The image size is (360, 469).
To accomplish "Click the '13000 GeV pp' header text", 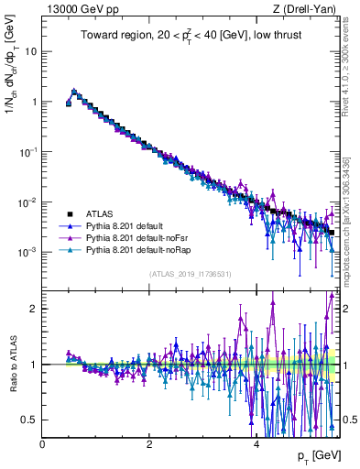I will pos(80,10).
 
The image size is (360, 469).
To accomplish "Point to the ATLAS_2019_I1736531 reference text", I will pos(191,274).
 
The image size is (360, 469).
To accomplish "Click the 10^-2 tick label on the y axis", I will pos(27,202).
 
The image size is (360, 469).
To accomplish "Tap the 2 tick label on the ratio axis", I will pos(34,309).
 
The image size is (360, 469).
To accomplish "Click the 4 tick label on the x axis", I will pos(256,443).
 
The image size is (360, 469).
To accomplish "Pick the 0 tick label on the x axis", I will pos(42,443).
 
